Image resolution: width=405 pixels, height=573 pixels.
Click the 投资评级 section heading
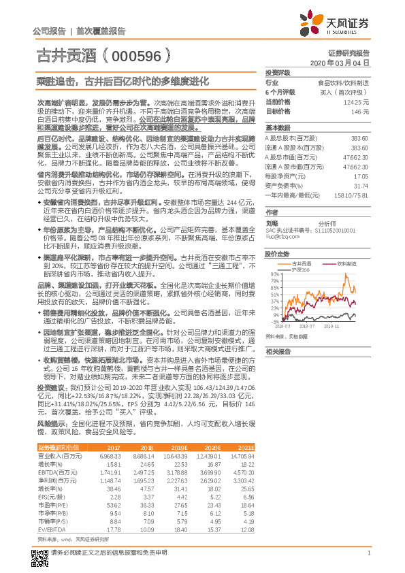[277, 72]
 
